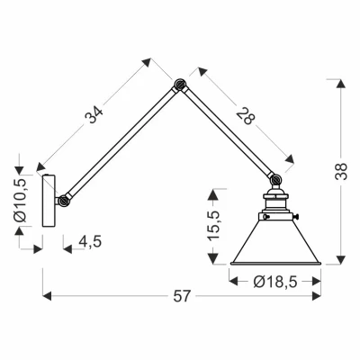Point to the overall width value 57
pyautogui.click(x=182, y=295)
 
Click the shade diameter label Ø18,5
pyautogui.click(x=274, y=281)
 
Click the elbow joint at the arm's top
pyautogui.click(x=178, y=87)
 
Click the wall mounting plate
pyautogui.click(x=50, y=199)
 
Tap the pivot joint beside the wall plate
pyautogui.click(x=64, y=200)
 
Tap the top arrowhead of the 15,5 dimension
pyautogui.click(x=212, y=192)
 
